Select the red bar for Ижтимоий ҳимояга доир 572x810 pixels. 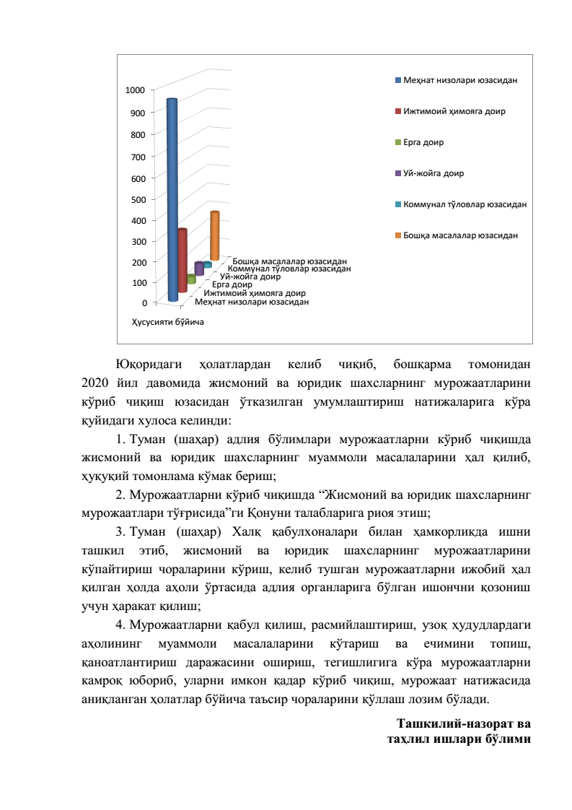[x=182, y=260]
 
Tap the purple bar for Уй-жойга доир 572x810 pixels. [x=199, y=269]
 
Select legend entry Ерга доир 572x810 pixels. [x=423, y=142]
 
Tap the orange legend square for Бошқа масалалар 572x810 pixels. [x=398, y=236]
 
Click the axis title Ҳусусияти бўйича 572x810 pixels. [x=167, y=322]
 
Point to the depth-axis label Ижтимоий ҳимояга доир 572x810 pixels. [x=255, y=294]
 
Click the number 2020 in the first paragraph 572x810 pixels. [x=94, y=381]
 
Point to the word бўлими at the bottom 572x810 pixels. [x=508, y=739]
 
